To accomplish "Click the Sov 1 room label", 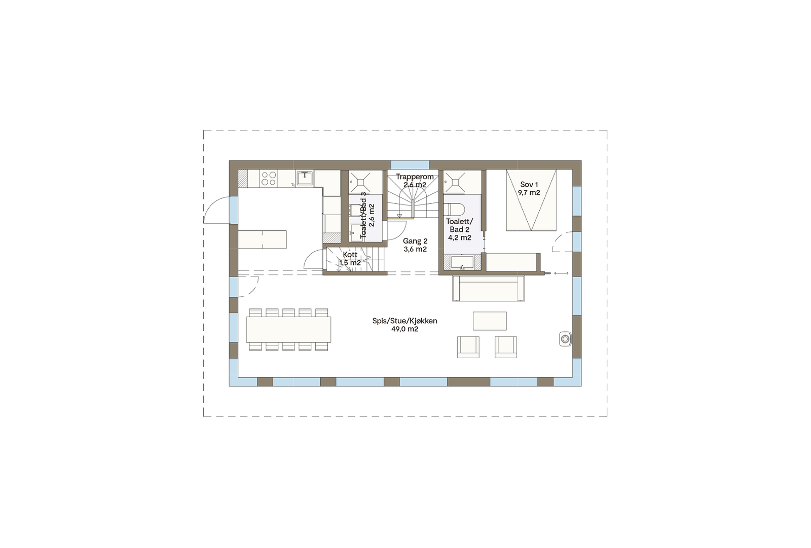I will (x=529, y=189).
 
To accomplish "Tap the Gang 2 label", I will (x=415, y=245).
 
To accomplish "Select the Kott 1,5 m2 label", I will (x=350, y=259).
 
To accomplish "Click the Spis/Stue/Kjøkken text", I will (x=404, y=325).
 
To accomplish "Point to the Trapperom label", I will (x=415, y=181).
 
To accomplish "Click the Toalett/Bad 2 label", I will (x=459, y=229).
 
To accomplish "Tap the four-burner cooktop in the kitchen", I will (x=268, y=178).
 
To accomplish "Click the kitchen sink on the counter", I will (x=304, y=178).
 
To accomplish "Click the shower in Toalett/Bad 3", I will (x=365, y=181).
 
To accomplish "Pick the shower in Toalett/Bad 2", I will (x=455, y=182).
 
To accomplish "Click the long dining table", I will (x=288, y=329).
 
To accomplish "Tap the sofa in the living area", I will (x=489, y=288).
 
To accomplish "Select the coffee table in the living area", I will (x=490, y=321).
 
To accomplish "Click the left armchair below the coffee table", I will (x=468, y=347).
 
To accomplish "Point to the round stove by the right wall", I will (x=565, y=338).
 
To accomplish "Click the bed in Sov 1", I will (x=531, y=200).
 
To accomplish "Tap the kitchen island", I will (x=263, y=239).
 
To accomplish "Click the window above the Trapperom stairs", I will (x=410, y=165).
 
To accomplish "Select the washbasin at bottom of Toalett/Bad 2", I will (x=462, y=262).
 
